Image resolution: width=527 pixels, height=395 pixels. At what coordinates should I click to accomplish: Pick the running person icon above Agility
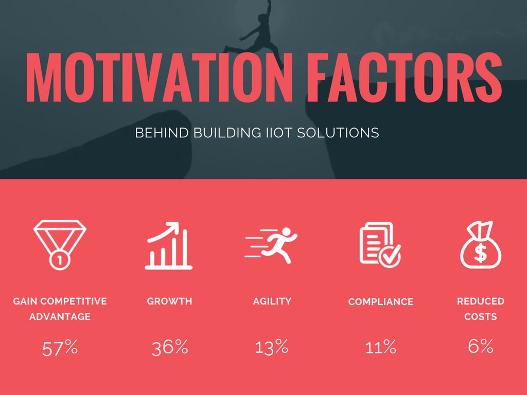272,244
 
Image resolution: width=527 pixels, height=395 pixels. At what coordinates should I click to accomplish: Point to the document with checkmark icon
379,245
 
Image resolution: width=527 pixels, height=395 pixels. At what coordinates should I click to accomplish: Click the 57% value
60,349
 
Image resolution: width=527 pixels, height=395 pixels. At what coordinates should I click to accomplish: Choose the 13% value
272,347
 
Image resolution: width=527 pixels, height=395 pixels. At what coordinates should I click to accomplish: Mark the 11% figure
380,348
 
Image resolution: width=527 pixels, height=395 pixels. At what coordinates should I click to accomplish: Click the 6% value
480,347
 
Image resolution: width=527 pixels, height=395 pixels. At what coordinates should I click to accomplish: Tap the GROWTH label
169,301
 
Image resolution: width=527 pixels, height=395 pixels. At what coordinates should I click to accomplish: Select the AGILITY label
272,301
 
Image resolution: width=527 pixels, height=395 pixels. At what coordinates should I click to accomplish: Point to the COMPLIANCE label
380,302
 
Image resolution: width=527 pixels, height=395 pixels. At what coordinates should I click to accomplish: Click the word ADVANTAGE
60,317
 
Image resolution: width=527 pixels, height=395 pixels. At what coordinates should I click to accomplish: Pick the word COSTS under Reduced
480,317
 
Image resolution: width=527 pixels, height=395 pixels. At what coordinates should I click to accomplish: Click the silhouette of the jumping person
260,33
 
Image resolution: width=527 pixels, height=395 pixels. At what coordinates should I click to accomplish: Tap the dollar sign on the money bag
480,253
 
